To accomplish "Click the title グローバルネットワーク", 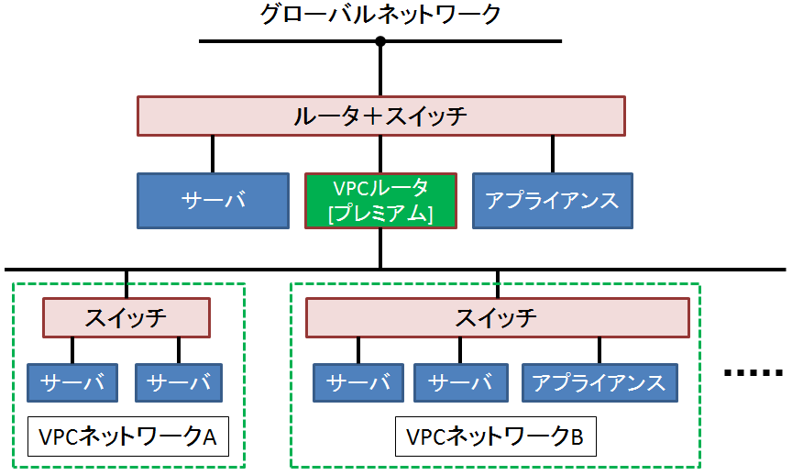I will point(380,16).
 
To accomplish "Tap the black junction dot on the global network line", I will point(380,41).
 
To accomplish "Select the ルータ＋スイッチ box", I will point(380,116).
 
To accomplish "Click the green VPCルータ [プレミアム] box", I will point(379,201).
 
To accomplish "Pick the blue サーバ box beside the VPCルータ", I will point(213,201).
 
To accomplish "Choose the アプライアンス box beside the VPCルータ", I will point(551,201).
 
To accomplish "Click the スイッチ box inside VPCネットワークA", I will point(126,318).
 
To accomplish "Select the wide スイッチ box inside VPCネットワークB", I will point(497,318).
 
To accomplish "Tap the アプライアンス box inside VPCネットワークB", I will point(599,382).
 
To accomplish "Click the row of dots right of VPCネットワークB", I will point(753,372).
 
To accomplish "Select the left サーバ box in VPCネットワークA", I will point(72,382).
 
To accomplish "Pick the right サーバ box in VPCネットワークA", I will point(179,382).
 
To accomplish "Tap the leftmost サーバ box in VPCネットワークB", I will point(358,382).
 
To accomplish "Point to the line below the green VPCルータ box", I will point(380,249).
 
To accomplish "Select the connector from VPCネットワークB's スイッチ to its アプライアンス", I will point(599,350).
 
